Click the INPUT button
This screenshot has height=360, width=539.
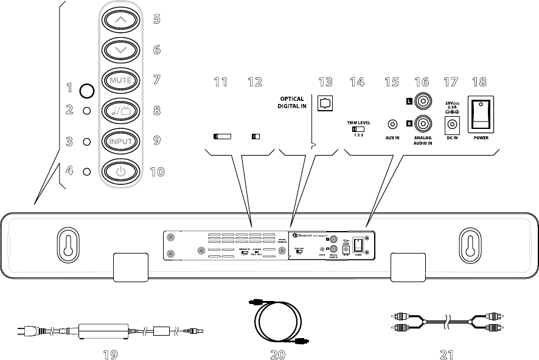pos(121,141)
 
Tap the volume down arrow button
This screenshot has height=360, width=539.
pos(121,50)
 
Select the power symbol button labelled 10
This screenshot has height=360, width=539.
pos(121,171)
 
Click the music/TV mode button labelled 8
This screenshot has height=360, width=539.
pos(121,111)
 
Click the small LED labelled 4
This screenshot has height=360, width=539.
pos(86,171)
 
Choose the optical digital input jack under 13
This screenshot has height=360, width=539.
pos(325,104)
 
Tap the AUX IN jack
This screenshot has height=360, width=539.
pos(392,125)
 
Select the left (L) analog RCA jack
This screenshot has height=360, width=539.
pos(420,99)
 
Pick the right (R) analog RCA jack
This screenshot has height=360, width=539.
pos(420,125)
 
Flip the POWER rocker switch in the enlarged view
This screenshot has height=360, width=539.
pos(480,114)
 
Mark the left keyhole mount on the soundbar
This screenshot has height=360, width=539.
pos(67,241)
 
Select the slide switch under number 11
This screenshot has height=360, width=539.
pos(222,137)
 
